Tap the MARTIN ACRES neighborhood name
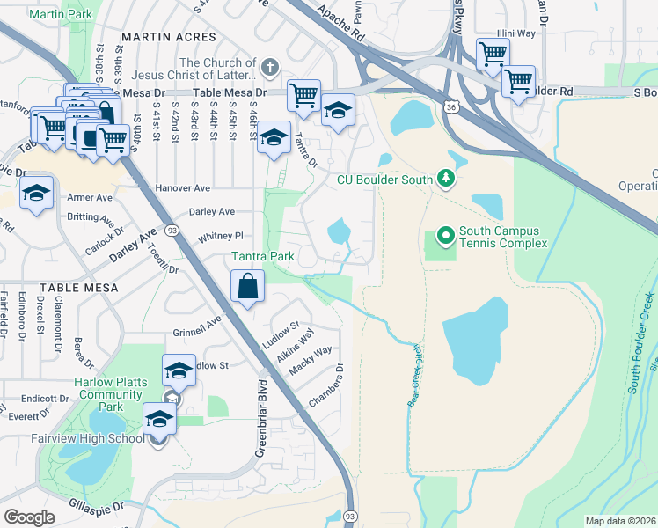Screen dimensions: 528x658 169,37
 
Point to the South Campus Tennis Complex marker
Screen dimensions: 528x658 445,235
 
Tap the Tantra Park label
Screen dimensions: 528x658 262,256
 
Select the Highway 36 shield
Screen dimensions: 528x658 450,106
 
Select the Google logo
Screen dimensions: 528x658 29,517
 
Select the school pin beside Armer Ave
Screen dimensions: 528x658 37,194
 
